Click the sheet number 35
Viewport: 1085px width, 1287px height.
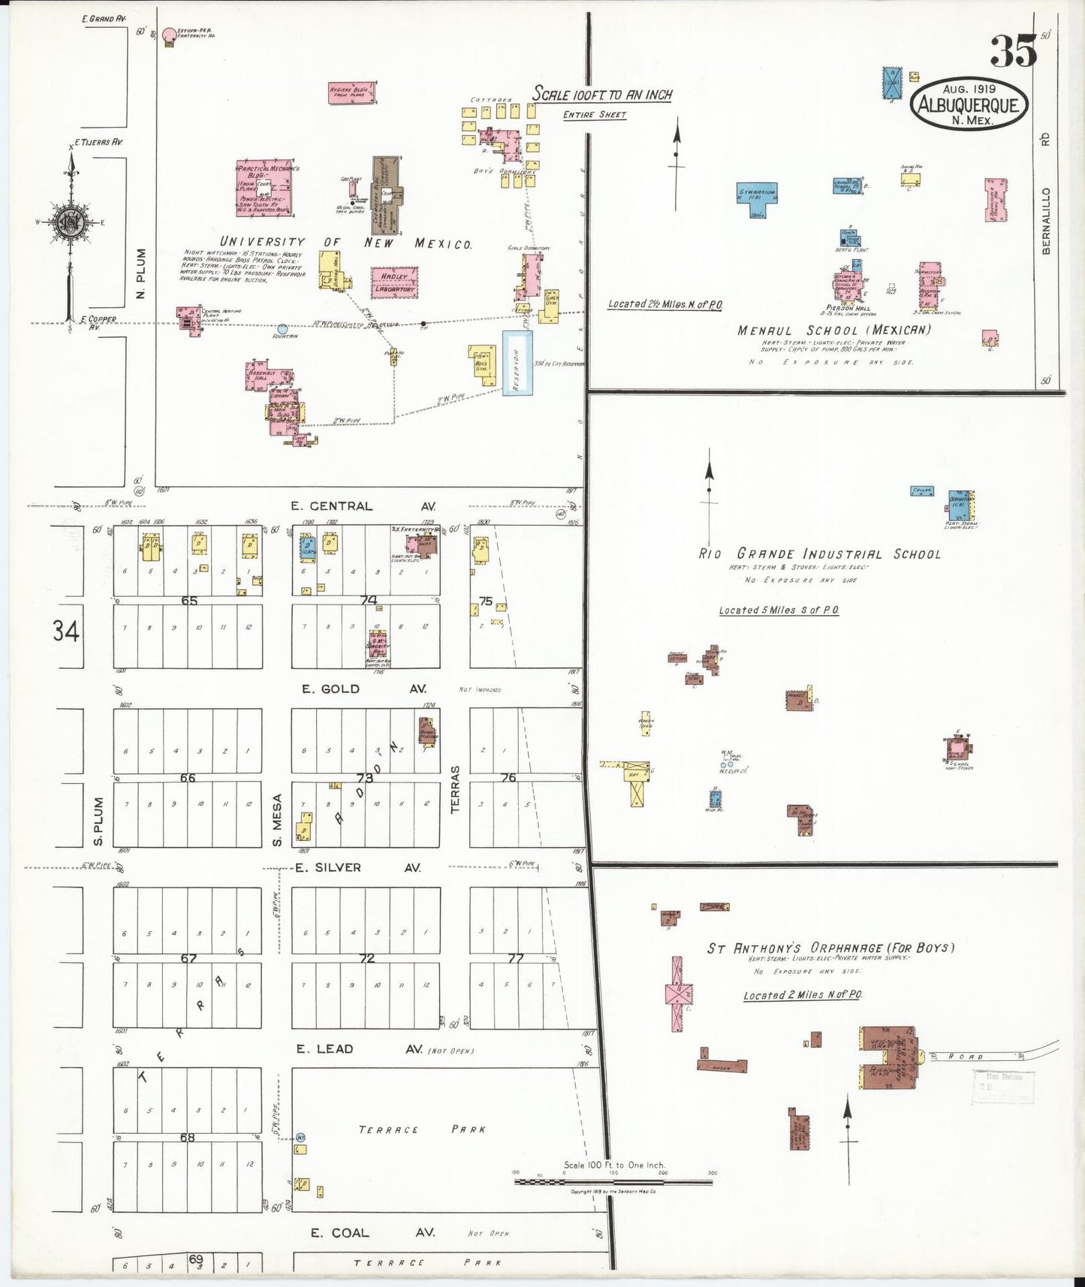[x=1013, y=51]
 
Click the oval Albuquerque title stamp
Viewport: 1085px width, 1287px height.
[x=969, y=104]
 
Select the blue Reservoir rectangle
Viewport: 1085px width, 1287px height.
[x=517, y=363]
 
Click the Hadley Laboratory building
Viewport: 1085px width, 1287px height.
[x=394, y=282]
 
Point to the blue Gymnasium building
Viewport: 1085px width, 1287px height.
[x=756, y=197]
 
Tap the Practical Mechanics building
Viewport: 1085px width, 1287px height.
[x=264, y=188]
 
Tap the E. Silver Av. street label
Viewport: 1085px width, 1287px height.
[x=357, y=867]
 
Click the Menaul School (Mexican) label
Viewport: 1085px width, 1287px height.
[x=833, y=330]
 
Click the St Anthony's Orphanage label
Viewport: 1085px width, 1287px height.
[x=830, y=948]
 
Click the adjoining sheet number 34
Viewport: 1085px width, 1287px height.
[x=65, y=631]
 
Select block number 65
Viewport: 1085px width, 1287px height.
[x=188, y=601]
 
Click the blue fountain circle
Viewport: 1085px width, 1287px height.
[x=282, y=329]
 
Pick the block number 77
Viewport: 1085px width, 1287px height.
[x=516, y=958]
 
